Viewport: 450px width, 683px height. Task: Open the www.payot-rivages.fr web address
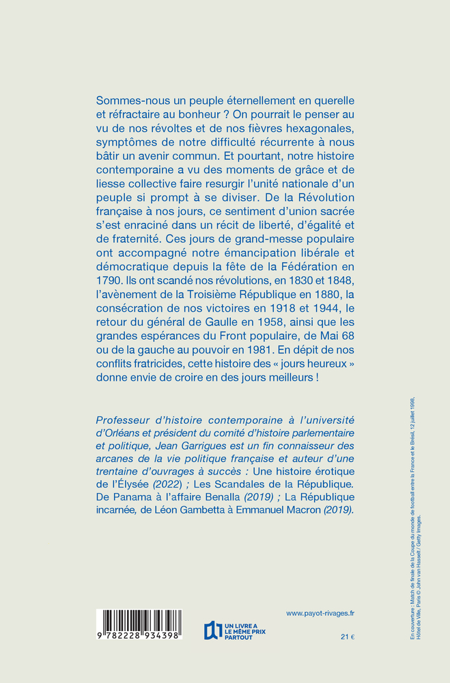click(325, 614)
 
